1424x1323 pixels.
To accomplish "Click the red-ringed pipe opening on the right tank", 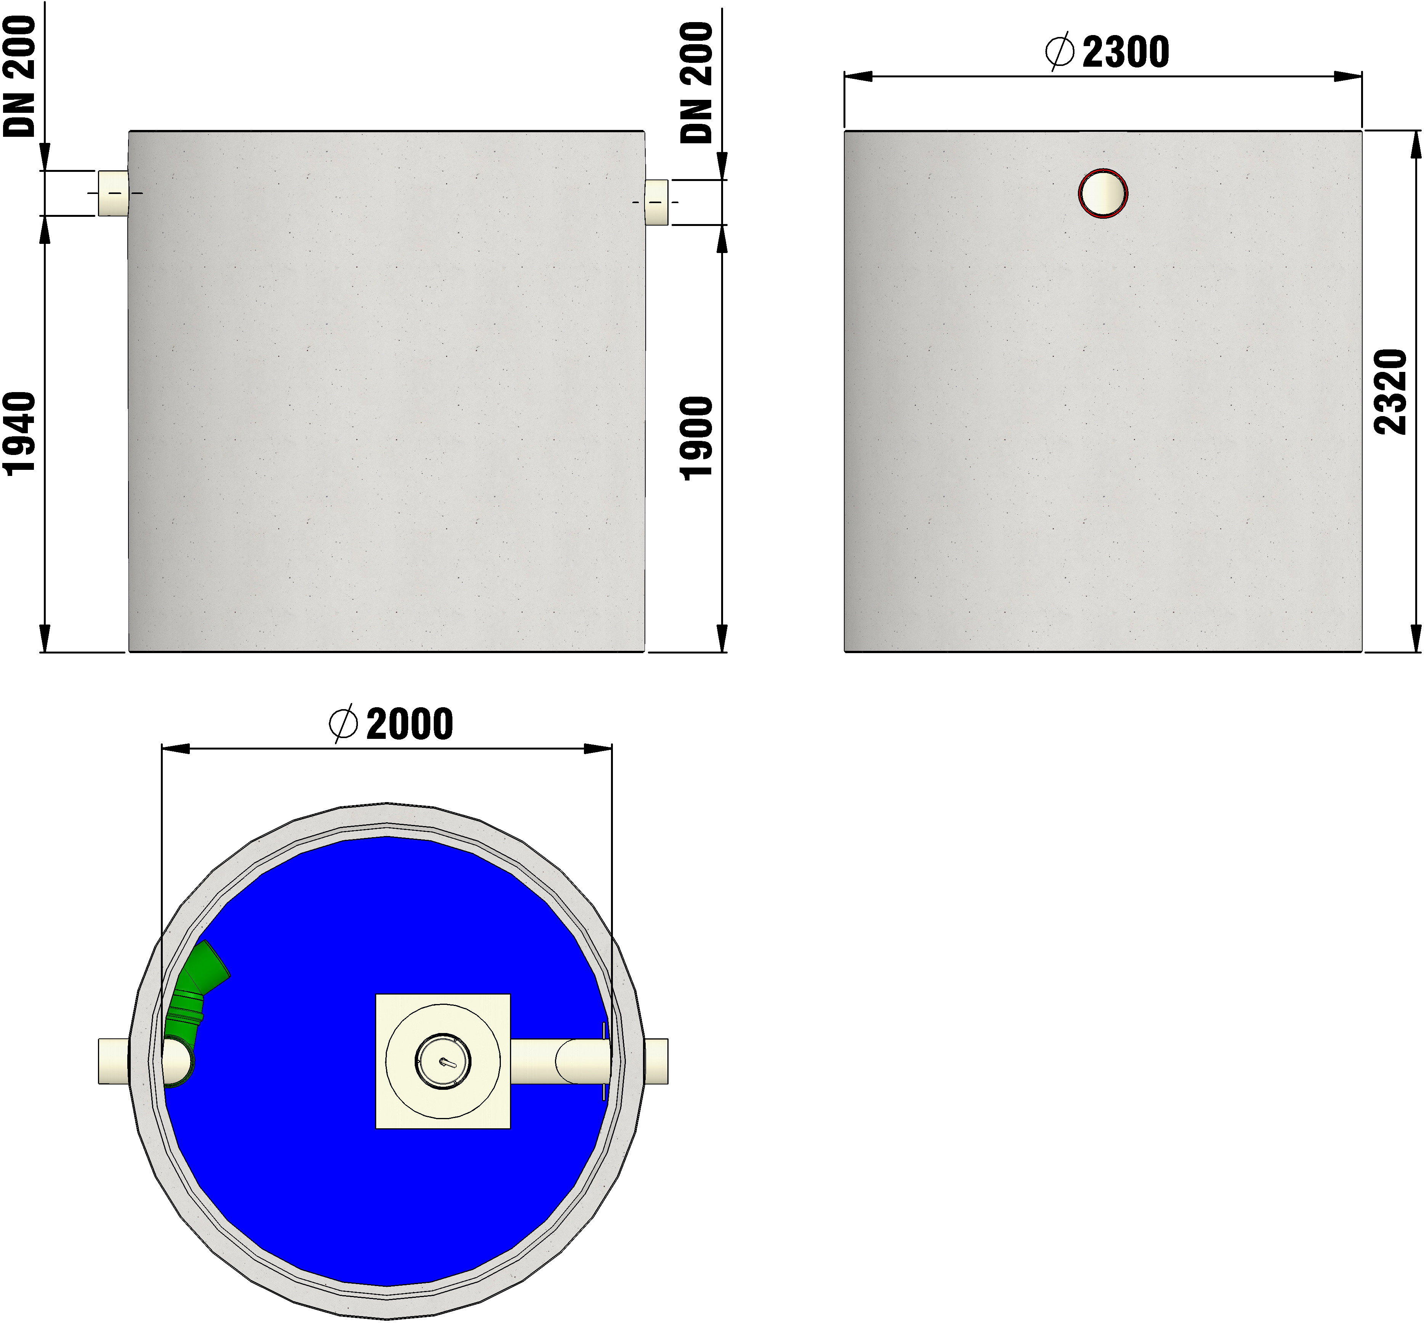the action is click(x=1103, y=193).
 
